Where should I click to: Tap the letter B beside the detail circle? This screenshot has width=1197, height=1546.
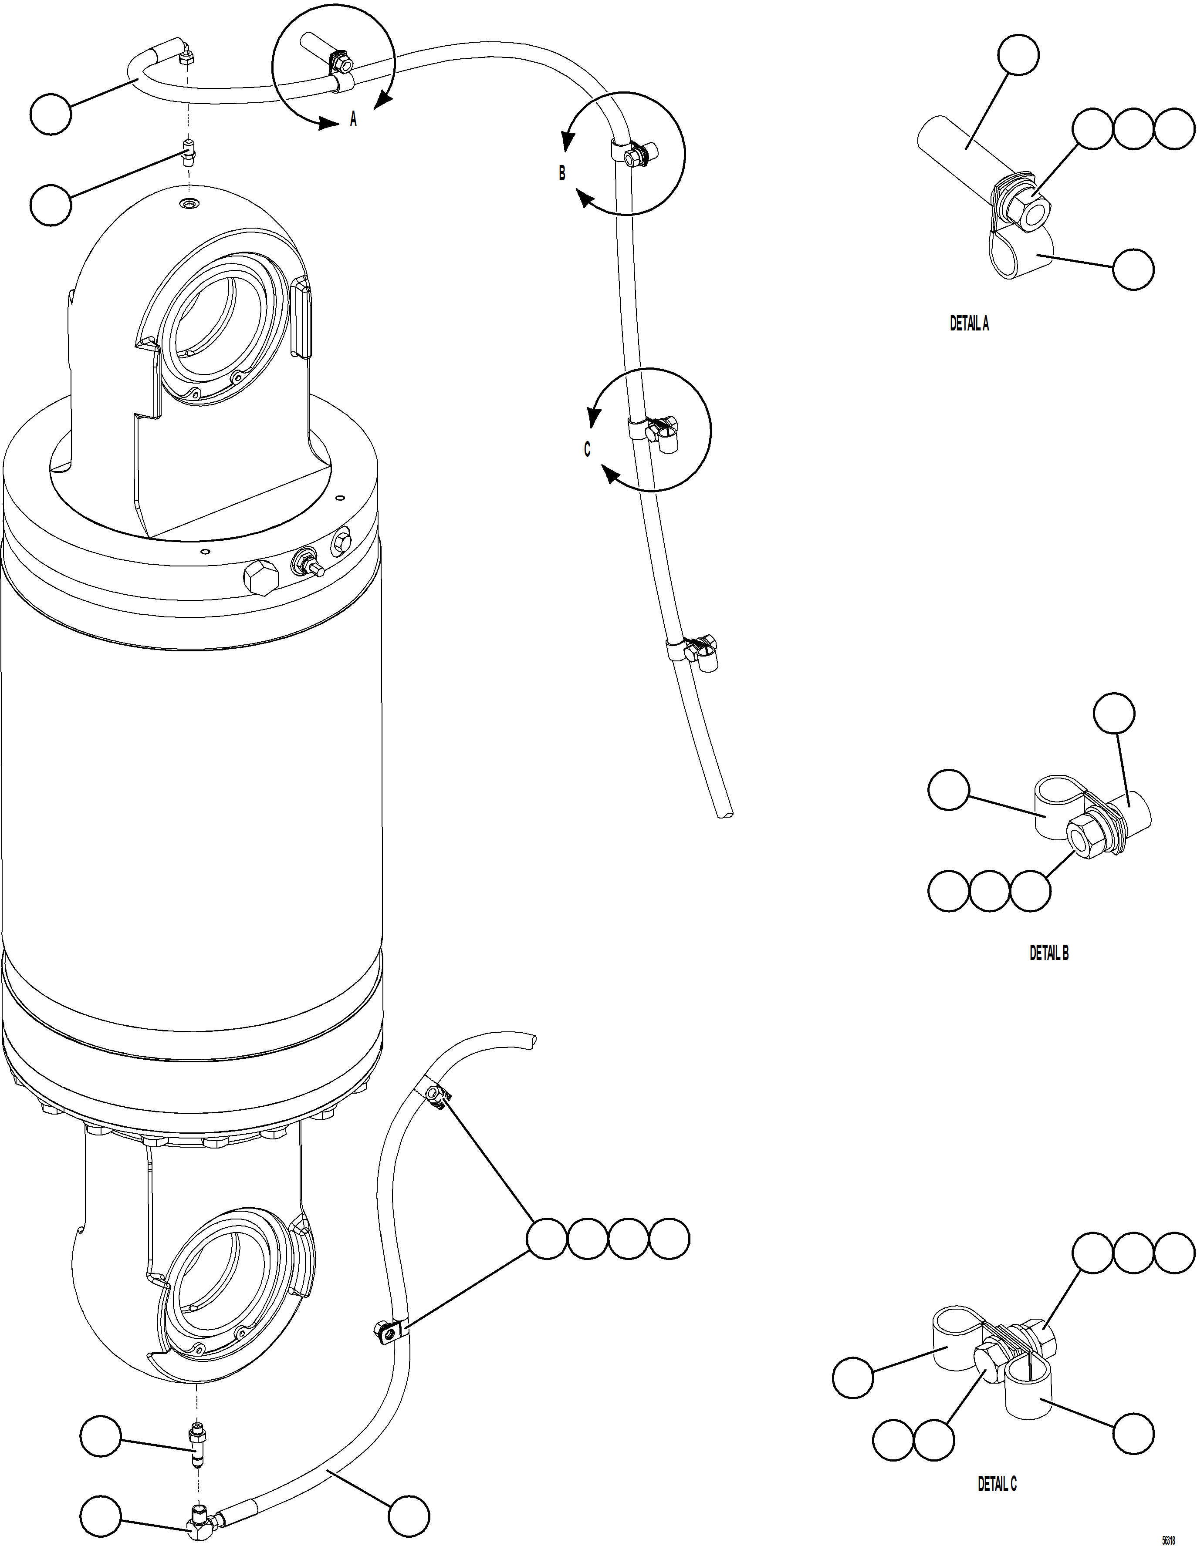(x=561, y=173)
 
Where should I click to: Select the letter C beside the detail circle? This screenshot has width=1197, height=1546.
(x=586, y=449)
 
